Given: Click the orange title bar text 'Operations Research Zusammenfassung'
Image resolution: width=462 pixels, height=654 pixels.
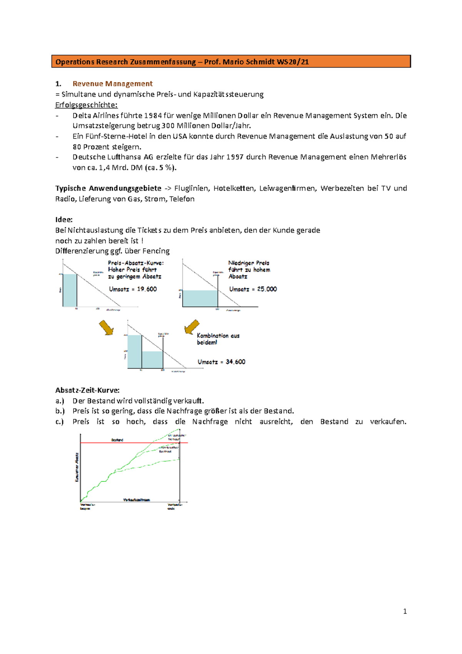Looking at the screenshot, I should pos(126,62).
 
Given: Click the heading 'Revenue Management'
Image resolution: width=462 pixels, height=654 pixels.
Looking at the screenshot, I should pos(112,84).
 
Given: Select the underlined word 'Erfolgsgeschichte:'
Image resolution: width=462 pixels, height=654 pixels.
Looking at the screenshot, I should pos(86,105).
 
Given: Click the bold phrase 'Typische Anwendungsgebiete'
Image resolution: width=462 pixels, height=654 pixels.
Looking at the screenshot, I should pos(108,188).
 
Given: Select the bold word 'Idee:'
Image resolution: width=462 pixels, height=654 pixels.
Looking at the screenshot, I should pos(64,220).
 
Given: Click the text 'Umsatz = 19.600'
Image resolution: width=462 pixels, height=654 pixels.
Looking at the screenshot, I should pos(133,289).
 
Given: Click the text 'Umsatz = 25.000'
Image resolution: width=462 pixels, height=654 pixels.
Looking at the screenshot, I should pos(253,289).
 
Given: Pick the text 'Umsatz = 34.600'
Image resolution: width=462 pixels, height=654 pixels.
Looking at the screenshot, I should pos(221,362).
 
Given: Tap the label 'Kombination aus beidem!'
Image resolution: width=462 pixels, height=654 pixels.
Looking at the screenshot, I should pos(218,339).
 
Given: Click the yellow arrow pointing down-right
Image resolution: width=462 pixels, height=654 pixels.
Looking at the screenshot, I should pos(106,327).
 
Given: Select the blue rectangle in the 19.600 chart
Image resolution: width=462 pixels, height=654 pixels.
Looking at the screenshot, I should pos(70,290).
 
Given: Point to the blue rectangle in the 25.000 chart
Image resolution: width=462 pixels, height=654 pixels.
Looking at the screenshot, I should pos(200,298).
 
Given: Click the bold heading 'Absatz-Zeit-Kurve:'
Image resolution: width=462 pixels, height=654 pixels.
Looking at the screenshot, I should pos(87,390).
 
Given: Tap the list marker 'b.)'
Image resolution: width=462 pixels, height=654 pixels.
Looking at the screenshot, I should pos(60,411).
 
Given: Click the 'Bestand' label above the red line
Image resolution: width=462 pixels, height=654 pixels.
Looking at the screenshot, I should pos(117,440).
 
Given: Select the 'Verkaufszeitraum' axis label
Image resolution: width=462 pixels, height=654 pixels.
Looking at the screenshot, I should pos(136,500).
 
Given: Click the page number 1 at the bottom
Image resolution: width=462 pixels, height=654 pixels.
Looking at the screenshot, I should pos(405,611).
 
